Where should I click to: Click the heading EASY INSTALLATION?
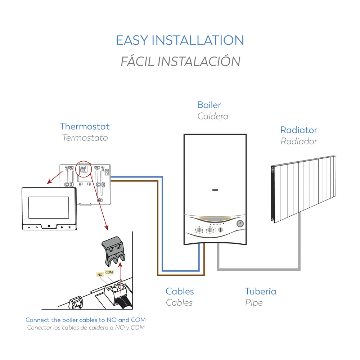point(180,40)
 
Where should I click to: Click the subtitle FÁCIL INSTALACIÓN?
point(180,61)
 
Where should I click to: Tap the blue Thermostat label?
point(85,126)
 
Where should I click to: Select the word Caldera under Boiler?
point(212,116)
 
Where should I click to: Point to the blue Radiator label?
point(298,130)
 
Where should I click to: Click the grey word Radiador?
point(299,141)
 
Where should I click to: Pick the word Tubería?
point(260,291)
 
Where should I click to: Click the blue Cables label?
point(180,291)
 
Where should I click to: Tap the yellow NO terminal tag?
point(100,275)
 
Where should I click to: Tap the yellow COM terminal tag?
point(109,272)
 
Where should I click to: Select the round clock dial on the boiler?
point(240,224)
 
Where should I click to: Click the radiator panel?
point(304,189)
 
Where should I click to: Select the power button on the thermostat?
point(49,227)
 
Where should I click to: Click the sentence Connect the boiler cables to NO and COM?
point(86,320)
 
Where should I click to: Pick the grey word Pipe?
point(254,303)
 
